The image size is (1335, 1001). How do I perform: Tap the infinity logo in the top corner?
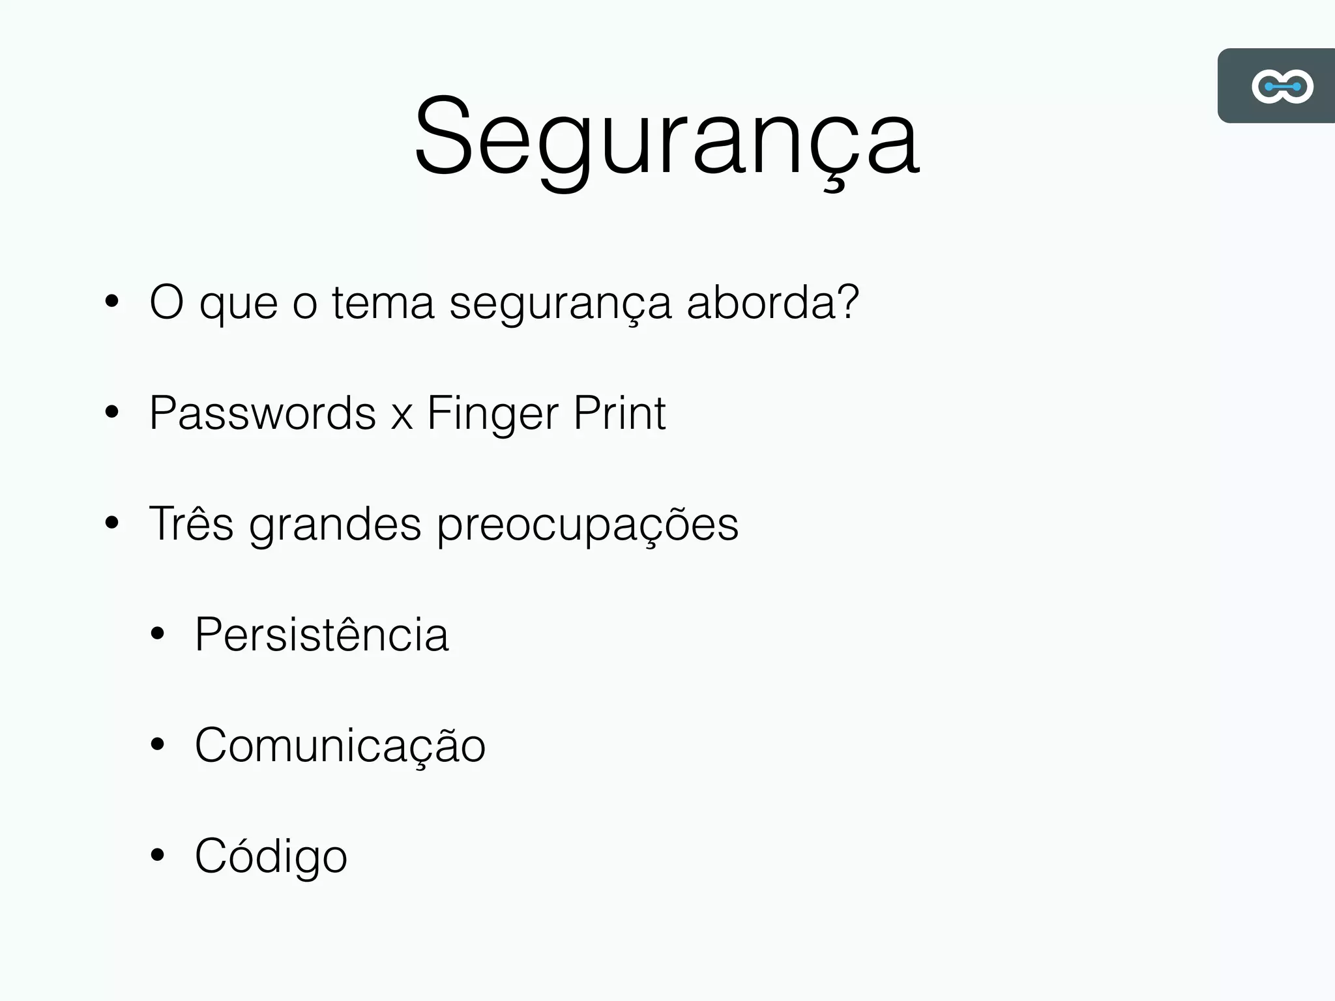pyautogui.click(x=1282, y=86)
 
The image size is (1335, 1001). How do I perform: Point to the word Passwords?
pyautogui.click(x=263, y=413)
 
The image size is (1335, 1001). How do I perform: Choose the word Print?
pyautogui.click(x=619, y=413)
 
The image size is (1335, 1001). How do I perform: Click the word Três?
pyautogui.click(x=191, y=523)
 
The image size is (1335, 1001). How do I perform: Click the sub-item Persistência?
pyautogui.click(x=321, y=634)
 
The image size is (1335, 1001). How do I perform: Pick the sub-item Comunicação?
pyautogui.click(x=340, y=746)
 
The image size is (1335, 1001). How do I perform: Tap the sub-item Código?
pyautogui.click(x=271, y=856)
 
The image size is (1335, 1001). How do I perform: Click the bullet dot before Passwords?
pyautogui.click(x=112, y=413)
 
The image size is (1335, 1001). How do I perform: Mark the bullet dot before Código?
pyautogui.click(x=157, y=855)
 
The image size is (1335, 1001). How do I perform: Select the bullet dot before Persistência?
pyautogui.click(x=157, y=633)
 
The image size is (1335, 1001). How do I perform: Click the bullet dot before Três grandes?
pyautogui.click(x=112, y=523)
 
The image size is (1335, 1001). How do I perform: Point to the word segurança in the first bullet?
pyautogui.click(x=560, y=304)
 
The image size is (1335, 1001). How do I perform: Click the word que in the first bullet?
pyautogui.click(x=239, y=304)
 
